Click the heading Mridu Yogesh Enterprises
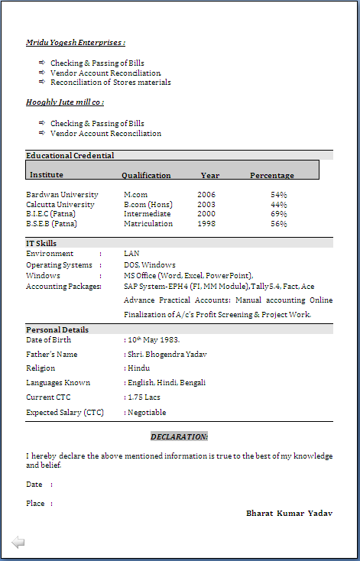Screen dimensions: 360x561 pos(75,43)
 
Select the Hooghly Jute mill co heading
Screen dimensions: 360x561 pos(65,102)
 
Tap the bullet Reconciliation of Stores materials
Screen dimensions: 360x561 pos(110,83)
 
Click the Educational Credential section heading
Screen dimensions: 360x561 pos(70,155)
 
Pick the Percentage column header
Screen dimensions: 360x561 pos(271,176)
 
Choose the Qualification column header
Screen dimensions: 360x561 pos(146,176)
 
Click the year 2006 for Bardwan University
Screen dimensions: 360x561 pos(206,195)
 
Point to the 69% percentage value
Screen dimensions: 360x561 pos(278,214)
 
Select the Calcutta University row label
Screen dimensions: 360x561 pos(60,205)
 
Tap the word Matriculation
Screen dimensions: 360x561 pos(148,224)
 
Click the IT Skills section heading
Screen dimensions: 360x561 pos(41,243)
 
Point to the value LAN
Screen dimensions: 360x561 pos(131,253)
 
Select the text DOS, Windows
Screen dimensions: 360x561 pos(150,264)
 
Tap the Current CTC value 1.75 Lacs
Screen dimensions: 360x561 pos(146,397)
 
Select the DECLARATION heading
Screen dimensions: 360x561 pos(179,436)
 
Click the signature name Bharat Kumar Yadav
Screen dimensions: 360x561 pos(289,513)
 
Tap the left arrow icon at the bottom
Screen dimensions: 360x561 pos(18,542)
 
